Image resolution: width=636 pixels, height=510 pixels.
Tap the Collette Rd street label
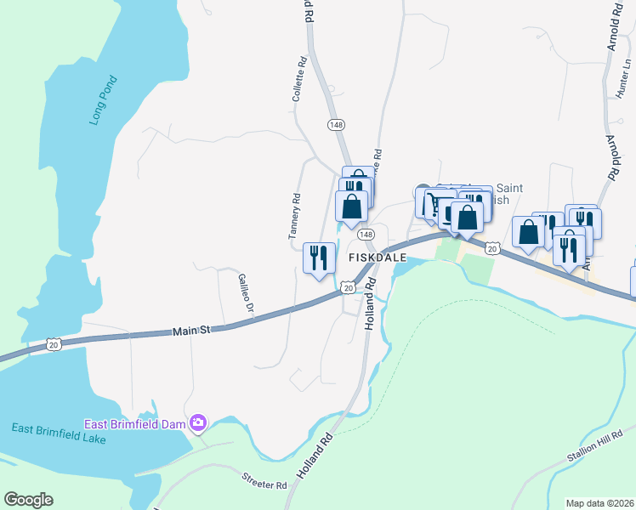[x=298, y=80]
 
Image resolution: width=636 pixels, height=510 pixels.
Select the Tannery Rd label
[x=295, y=216]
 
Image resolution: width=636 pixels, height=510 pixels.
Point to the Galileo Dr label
[x=247, y=292]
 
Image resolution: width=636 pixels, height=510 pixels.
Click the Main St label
[x=193, y=329]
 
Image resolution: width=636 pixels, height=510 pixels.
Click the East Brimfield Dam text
[x=135, y=423]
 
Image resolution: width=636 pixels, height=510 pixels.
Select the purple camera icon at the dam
[x=198, y=422]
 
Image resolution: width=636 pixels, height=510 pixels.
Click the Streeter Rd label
[x=264, y=483]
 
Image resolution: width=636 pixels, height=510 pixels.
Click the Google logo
[x=28, y=499]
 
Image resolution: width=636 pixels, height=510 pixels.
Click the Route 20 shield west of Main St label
[x=54, y=344]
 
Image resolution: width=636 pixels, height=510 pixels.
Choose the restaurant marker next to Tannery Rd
[x=319, y=258]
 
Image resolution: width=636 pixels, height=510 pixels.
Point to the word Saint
[x=508, y=188]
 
